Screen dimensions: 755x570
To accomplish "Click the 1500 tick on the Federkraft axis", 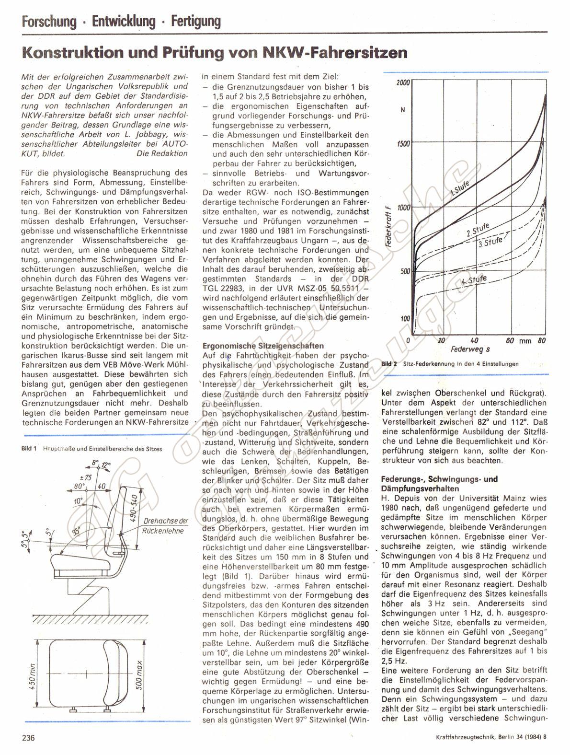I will click(x=403, y=144).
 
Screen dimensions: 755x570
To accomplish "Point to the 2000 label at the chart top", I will click(x=403, y=83).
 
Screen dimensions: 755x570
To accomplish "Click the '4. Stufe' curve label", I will click(x=474, y=281).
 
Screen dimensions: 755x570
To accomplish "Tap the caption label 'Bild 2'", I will click(x=389, y=364).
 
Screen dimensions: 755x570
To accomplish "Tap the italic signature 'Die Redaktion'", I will click(x=162, y=153).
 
